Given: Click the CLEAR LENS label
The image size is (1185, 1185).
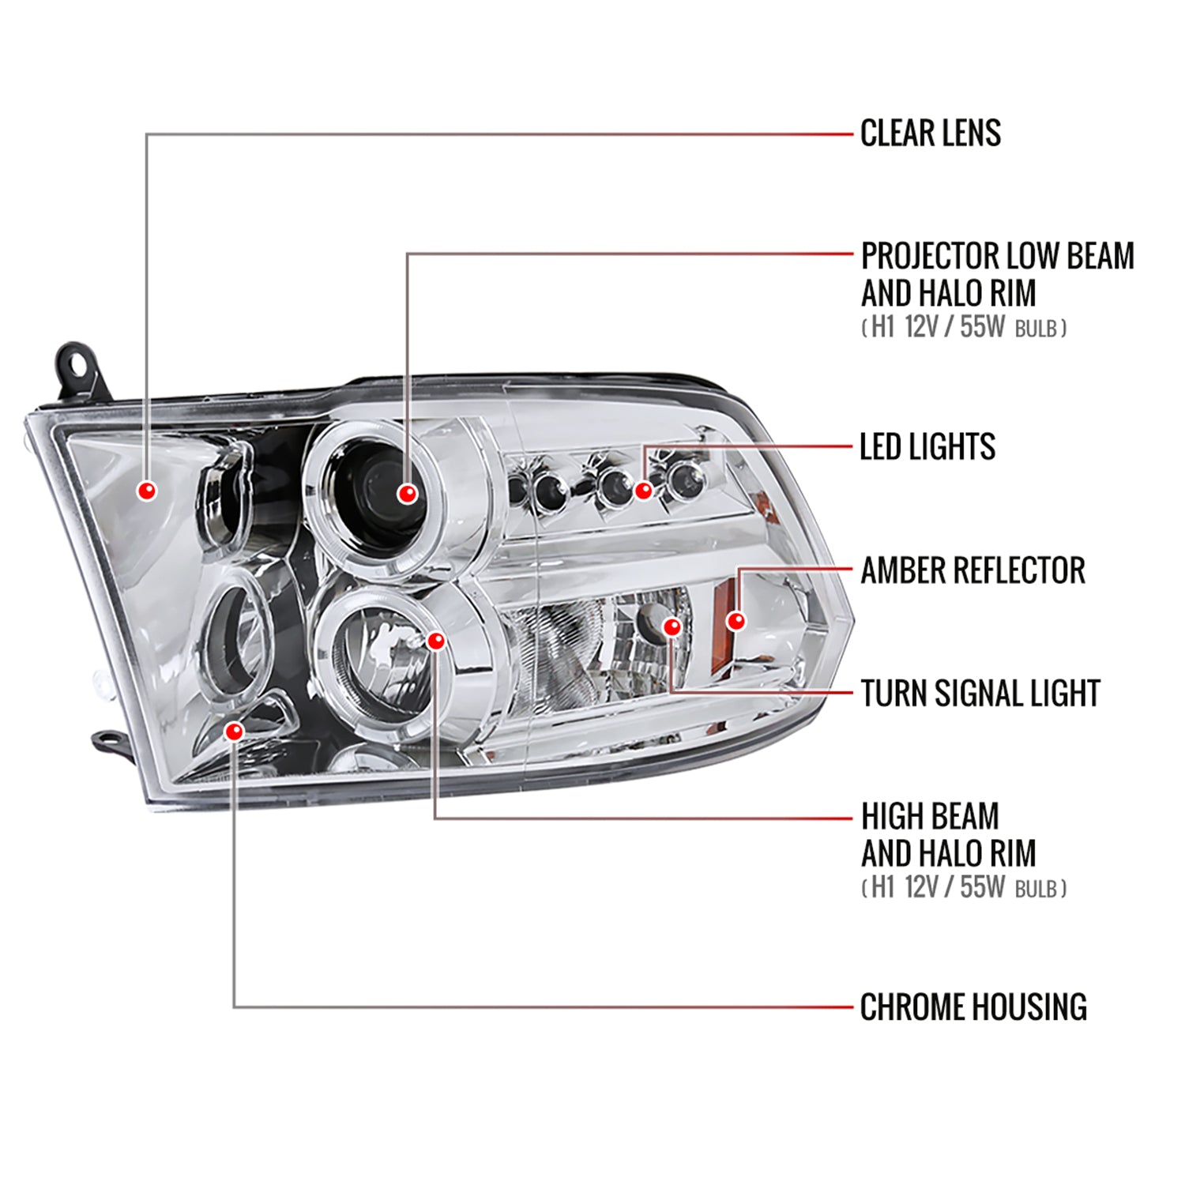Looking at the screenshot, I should (x=930, y=134).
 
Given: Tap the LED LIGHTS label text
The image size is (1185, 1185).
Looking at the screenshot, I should (x=927, y=447).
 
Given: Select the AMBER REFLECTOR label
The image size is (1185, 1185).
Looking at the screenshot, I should (x=972, y=570).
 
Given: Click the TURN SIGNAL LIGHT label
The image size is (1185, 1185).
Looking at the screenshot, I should (x=980, y=694).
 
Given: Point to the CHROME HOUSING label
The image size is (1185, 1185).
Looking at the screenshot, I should (x=972, y=1007).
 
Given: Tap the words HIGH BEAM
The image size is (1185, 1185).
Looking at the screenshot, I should (x=930, y=816).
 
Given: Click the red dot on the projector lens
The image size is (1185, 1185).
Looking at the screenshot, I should (x=407, y=494).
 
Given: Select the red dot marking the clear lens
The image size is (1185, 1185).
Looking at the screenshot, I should (x=147, y=491).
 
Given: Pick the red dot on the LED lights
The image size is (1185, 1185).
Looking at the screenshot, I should (x=644, y=491).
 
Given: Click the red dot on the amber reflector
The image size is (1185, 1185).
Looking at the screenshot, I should (x=736, y=621).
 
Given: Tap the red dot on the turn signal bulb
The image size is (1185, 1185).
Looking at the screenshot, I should (x=672, y=627).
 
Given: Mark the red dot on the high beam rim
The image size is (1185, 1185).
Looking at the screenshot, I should (x=436, y=641).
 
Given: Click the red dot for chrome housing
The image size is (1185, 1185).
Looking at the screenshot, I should (x=234, y=732).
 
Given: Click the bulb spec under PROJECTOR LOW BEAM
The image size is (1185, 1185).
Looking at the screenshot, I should (x=964, y=327).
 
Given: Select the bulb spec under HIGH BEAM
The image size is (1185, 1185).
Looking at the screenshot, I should (x=964, y=888).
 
